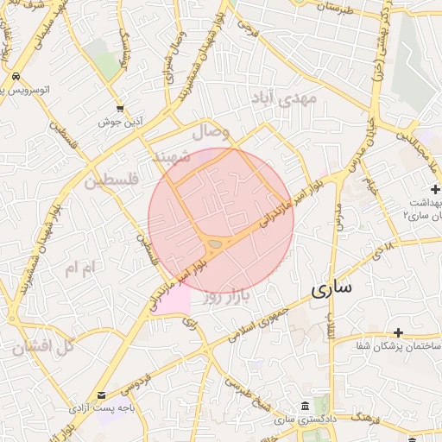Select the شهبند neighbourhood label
[x=170, y=158]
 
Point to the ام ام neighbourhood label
[x=78, y=269]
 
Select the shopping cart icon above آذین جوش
[x=119, y=109]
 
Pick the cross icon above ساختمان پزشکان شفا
[x=398, y=332]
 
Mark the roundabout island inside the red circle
[x=215, y=245]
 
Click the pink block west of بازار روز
[x=175, y=300]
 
